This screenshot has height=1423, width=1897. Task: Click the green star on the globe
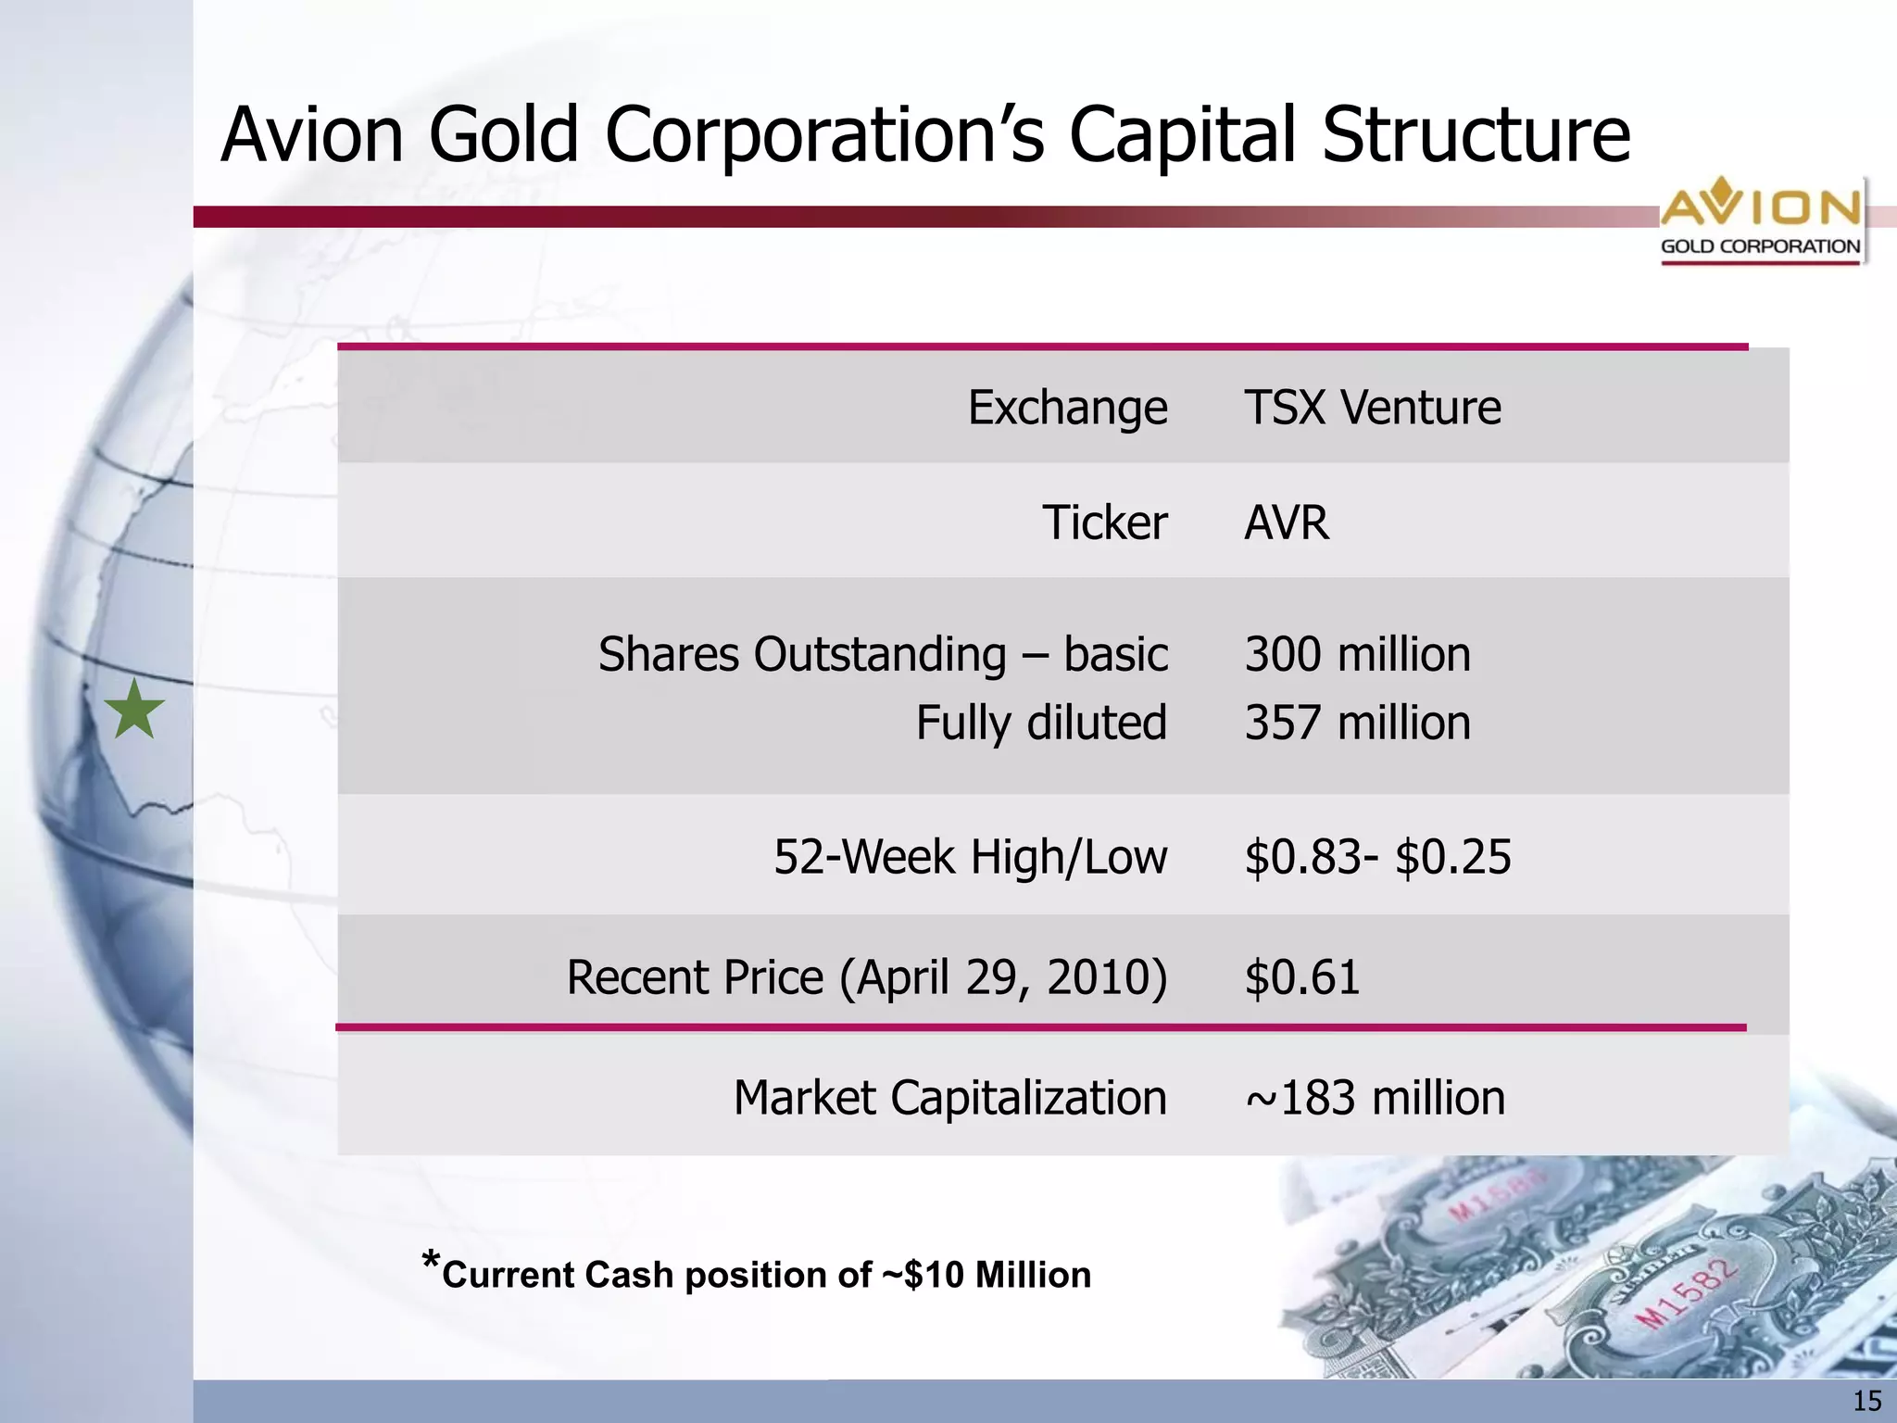pyautogui.click(x=134, y=710)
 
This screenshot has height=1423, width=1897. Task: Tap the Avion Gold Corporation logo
pyautogui.click(x=1760, y=220)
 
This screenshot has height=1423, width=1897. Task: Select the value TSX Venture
pyautogui.click(x=1372, y=408)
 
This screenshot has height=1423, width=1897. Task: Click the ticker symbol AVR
pyautogui.click(x=1286, y=523)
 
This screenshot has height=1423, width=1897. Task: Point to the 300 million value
pyautogui.click(x=1357, y=654)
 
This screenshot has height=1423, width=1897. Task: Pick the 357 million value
pyautogui.click(x=1357, y=723)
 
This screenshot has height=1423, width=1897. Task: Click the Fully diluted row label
pyautogui.click(x=1041, y=723)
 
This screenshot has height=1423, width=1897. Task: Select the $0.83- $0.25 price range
pyautogui.click(x=1377, y=857)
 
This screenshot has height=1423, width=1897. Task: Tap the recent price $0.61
pyautogui.click(x=1302, y=977)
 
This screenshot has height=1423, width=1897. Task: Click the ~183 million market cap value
pyautogui.click(x=1376, y=1098)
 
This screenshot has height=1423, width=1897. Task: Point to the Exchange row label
pyautogui.click(x=1067, y=408)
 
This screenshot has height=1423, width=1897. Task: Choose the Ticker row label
pyautogui.click(x=1104, y=523)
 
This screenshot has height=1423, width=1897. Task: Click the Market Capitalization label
pyautogui.click(x=949, y=1098)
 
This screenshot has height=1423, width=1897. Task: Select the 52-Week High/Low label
pyautogui.click(x=970, y=857)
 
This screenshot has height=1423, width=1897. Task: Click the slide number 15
pyautogui.click(x=1866, y=1401)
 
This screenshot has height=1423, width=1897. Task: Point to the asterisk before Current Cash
pyautogui.click(x=430, y=1262)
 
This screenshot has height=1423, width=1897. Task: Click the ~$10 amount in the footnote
pyautogui.click(x=923, y=1276)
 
